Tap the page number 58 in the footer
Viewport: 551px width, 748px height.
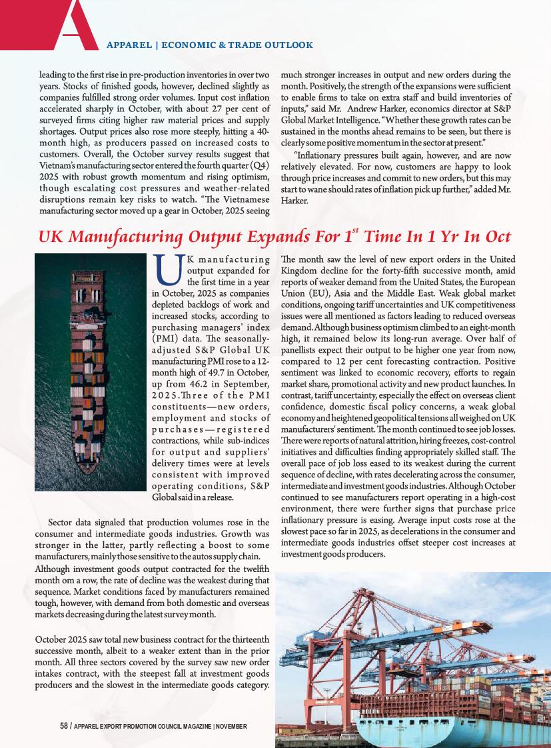tap(64, 725)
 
